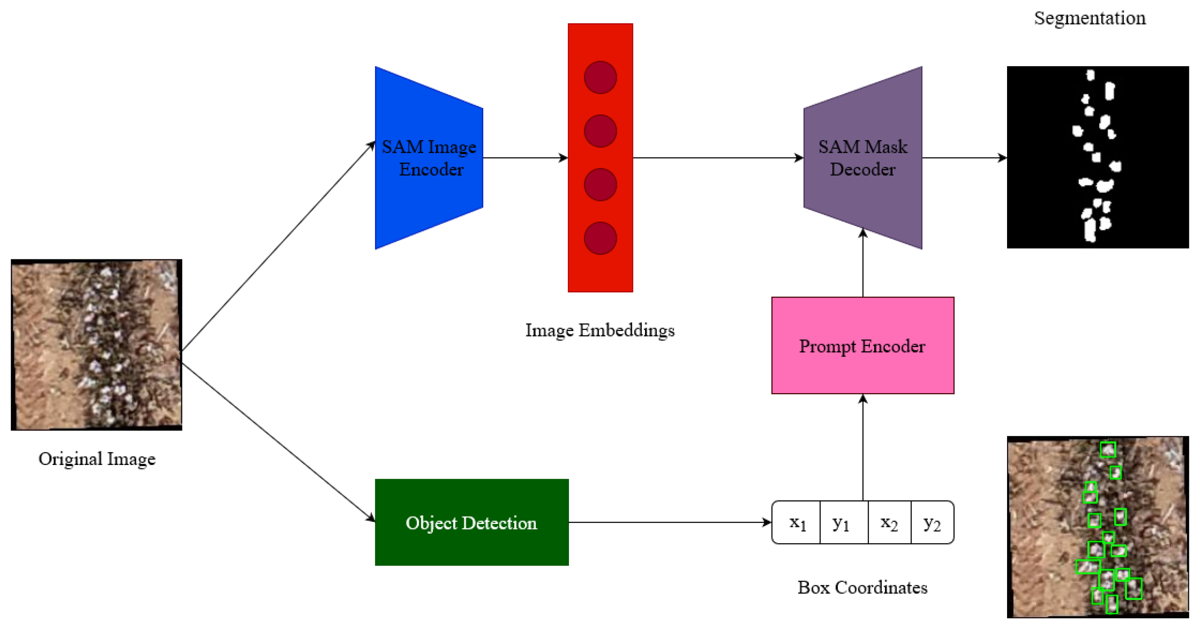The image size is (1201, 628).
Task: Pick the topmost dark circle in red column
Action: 600,77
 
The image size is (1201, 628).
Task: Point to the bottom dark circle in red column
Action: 600,238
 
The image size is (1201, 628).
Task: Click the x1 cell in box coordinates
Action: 796,522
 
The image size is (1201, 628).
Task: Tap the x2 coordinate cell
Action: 889,522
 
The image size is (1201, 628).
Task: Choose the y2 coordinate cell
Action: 932,522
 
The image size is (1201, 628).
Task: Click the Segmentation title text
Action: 1090,18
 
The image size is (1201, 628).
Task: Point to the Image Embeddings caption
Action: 599,330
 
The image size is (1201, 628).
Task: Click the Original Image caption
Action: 97,459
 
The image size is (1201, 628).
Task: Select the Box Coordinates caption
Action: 863,588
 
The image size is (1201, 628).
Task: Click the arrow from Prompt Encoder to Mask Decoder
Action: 863,263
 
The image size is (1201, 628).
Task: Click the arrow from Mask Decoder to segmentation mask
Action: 964,157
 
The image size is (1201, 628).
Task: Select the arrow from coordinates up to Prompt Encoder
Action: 863,448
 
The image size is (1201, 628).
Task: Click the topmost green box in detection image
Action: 1108,449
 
